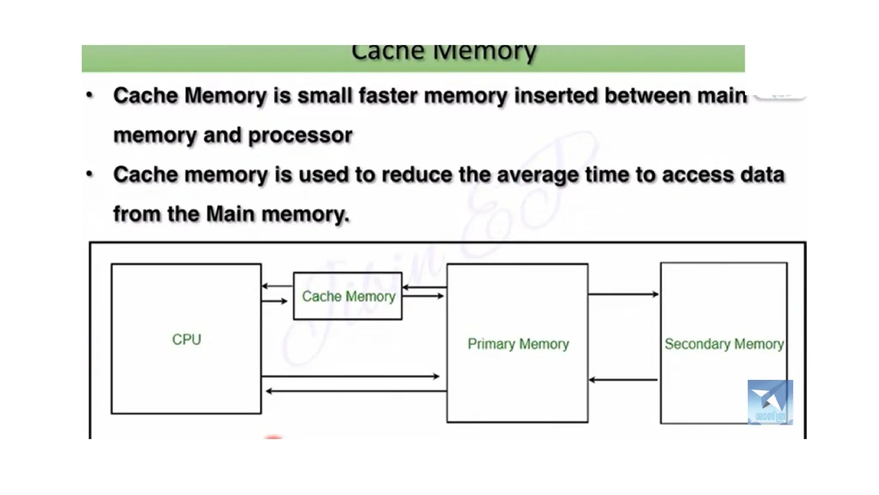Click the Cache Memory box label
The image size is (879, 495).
click(348, 296)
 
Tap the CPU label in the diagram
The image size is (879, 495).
click(186, 339)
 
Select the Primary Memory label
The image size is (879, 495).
click(518, 344)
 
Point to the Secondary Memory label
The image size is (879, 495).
click(724, 344)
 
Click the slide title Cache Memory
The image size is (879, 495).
click(444, 53)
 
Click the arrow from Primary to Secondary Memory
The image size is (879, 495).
click(623, 294)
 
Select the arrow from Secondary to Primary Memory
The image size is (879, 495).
click(623, 380)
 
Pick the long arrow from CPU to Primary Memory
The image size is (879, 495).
click(350, 376)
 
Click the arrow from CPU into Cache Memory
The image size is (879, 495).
click(275, 301)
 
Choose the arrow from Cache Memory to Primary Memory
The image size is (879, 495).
click(423, 296)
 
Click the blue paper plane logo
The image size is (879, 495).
click(770, 402)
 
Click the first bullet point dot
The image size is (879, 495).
click(89, 95)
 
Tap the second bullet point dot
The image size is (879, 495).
click(89, 174)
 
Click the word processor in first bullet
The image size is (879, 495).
click(300, 135)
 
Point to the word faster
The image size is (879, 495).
click(388, 95)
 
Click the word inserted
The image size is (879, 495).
click(556, 95)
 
